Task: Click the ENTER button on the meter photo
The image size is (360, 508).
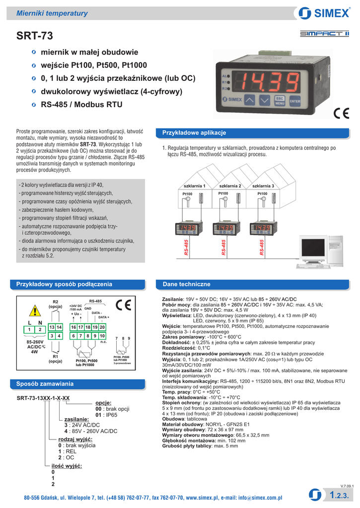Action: [x=295, y=101]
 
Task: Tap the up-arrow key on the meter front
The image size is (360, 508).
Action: [x=251, y=100]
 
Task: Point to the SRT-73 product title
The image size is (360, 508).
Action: [x=34, y=36]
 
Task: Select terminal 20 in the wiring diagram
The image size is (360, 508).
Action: [x=102, y=327]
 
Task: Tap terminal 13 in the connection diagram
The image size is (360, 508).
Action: [x=52, y=327]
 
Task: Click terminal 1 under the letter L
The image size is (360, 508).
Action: [x=30, y=330]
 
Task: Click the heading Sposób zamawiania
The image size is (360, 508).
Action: [x=45, y=384]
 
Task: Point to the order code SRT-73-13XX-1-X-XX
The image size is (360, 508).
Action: [x=43, y=398]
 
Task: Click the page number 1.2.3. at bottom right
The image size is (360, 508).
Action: [x=340, y=495]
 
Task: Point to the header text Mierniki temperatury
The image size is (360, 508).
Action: [x=52, y=13]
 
